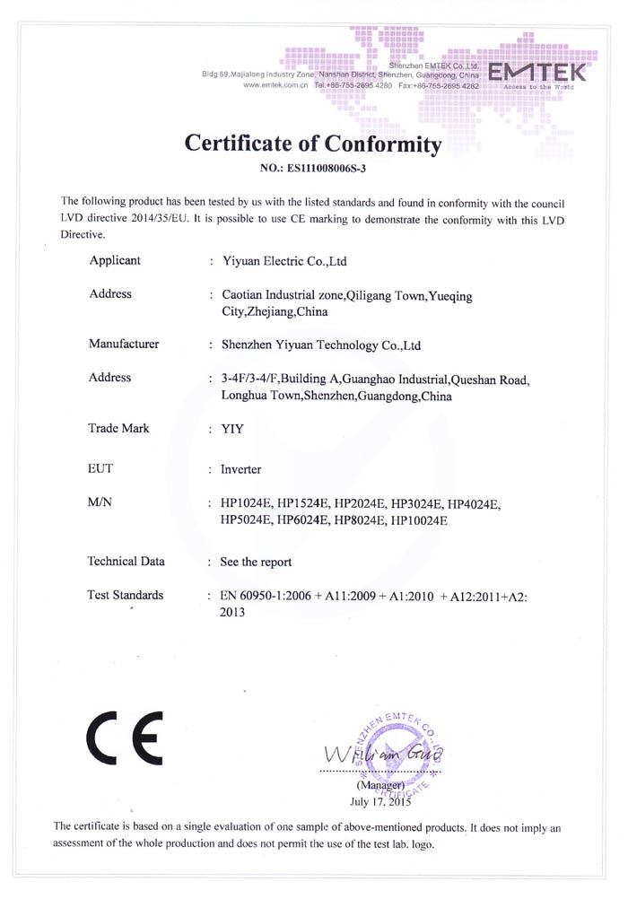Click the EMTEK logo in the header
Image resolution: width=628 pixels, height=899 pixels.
pos(536,74)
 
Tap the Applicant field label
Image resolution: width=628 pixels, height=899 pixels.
pos(115,261)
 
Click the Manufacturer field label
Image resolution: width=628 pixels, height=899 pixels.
pos(124,344)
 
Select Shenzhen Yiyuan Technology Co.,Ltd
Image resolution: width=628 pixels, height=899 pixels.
pos(320,345)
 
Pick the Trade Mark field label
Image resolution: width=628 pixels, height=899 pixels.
pos(118,428)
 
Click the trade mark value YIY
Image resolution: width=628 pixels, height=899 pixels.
pos(231,429)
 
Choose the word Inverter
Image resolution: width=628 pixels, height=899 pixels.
pos(240,469)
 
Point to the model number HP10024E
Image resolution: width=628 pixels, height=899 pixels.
pos(418,519)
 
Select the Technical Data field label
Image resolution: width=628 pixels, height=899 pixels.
pos(126,562)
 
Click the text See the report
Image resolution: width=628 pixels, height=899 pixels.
pos(256,563)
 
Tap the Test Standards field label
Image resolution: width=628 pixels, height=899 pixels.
pos(126,595)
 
